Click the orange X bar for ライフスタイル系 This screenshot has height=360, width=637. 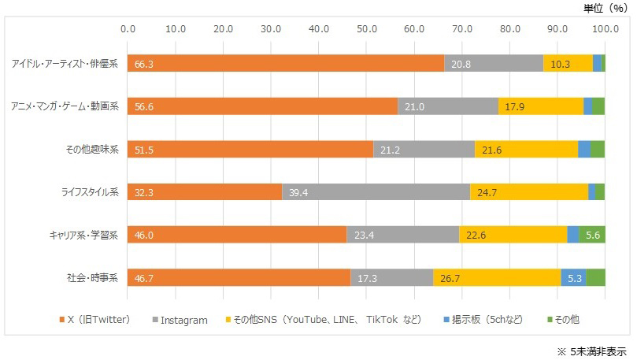pyautogui.click(x=205, y=191)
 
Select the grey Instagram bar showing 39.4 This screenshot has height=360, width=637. pyautogui.click(x=376, y=191)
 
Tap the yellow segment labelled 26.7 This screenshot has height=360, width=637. pyautogui.click(x=497, y=277)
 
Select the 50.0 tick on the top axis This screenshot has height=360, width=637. pyautogui.click(x=367, y=29)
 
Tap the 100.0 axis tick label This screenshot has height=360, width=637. pyautogui.click(x=605, y=29)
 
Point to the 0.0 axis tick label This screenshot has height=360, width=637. pyautogui.click(x=128, y=29)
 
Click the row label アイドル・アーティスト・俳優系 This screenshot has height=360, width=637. pyautogui.click(x=65, y=64)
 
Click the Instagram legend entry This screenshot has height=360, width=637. pyautogui.click(x=183, y=320)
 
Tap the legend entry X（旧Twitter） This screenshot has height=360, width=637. pyautogui.click(x=98, y=320)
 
